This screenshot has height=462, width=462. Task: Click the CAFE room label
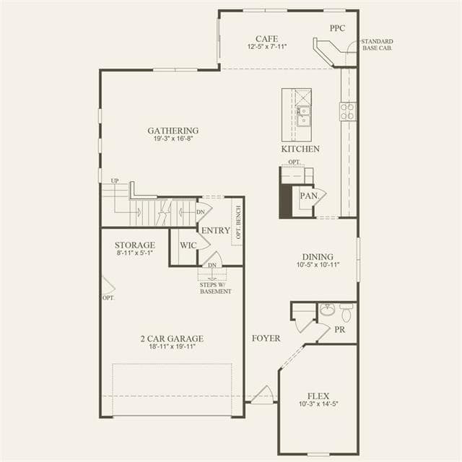[x=266, y=38]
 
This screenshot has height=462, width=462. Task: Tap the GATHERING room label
[x=173, y=131]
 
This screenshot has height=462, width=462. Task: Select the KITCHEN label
[x=300, y=149]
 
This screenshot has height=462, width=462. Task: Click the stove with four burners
[x=348, y=112]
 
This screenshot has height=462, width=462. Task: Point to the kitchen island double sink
[x=303, y=116]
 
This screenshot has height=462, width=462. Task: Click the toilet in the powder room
[x=346, y=313]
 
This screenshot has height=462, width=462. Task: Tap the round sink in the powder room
[x=327, y=310]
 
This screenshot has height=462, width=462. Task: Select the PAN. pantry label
[x=309, y=196]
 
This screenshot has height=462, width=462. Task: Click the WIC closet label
[x=188, y=245]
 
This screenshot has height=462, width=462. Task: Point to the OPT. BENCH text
[x=238, y=222]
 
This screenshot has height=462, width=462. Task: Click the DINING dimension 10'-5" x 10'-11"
[x=318, y=265]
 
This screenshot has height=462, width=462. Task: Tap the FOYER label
[x=266, y=339]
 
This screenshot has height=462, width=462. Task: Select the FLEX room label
[x=318, y=396]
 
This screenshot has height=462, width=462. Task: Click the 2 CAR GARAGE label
[x=172, y=339]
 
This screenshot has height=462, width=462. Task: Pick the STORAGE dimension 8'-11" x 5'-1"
[x=135, y=253]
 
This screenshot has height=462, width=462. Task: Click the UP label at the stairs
[x=115, y=180]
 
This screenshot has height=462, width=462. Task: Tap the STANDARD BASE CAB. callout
[x=377, y=45]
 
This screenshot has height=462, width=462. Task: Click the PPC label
[x=337, y=28]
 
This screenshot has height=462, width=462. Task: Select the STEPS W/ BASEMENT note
[x=215, y=288]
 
